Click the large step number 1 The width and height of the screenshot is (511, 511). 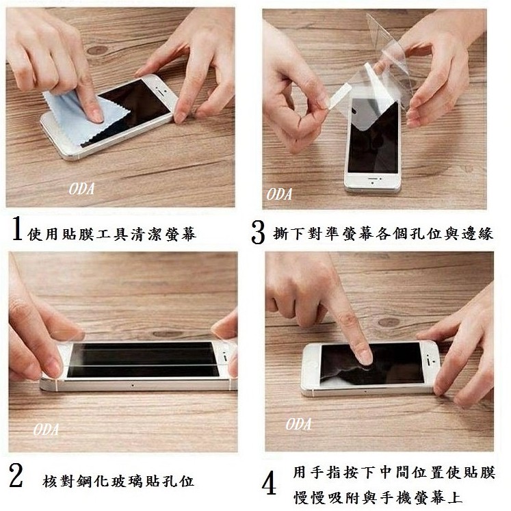17,228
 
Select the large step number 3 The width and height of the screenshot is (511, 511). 258,233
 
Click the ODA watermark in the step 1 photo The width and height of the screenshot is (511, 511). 81,189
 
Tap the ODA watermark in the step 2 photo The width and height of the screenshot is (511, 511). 46,430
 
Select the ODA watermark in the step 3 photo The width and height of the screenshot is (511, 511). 279,194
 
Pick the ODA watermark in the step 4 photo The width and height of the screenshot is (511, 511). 298,424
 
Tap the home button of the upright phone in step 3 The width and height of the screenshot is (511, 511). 373,184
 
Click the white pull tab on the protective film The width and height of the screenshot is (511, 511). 339,95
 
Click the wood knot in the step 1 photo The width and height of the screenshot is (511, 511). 97,50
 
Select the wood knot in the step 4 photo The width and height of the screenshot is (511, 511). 389,323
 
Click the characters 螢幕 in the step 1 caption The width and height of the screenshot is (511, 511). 181,234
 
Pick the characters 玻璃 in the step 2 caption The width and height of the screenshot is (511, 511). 127,482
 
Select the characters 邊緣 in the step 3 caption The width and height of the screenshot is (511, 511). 477,233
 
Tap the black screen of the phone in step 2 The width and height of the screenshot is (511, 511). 143,359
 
